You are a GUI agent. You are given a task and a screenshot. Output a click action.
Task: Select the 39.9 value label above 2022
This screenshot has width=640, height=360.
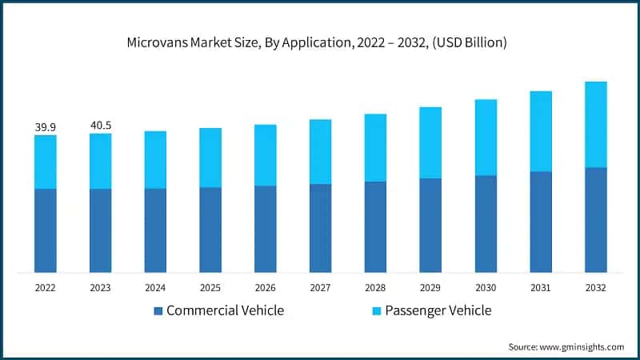(45, 127)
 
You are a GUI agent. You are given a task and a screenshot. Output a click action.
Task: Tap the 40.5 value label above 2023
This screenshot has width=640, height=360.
(100, 126)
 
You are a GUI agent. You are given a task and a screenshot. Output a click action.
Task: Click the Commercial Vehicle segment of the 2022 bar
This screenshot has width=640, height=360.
(45, 230)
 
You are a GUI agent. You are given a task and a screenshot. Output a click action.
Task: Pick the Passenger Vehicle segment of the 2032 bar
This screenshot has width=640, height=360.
(596, 124)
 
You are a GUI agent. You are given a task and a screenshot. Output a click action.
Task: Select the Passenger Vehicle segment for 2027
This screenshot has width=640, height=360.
(321, 152)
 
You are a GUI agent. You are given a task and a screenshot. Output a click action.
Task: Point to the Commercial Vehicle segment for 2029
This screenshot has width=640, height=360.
(430, 225)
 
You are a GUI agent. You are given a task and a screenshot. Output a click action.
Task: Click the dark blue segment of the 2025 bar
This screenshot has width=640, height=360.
(210, 230)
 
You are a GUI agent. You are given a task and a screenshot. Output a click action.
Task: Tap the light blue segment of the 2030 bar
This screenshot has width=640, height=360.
(486, 138)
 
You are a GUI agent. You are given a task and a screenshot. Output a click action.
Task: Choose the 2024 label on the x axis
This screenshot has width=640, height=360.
(155, 287)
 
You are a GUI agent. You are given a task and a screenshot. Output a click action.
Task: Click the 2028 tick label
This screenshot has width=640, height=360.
(375, 287)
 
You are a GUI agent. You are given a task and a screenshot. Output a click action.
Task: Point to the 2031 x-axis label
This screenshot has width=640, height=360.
(541, 287)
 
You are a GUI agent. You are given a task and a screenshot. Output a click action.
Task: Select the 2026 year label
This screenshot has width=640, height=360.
(266, 287)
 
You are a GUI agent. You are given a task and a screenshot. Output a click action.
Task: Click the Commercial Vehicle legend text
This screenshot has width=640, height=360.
(225, 310)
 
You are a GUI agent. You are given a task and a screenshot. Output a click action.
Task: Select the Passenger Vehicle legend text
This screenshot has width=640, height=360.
(438, 310)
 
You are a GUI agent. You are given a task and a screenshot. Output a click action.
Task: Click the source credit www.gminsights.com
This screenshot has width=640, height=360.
(566, 346)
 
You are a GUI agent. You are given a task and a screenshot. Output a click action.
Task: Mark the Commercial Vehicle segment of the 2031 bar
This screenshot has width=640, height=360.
(541, 222)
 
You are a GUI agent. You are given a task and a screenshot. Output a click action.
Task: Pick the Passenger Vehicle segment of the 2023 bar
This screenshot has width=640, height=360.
(100, 161)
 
